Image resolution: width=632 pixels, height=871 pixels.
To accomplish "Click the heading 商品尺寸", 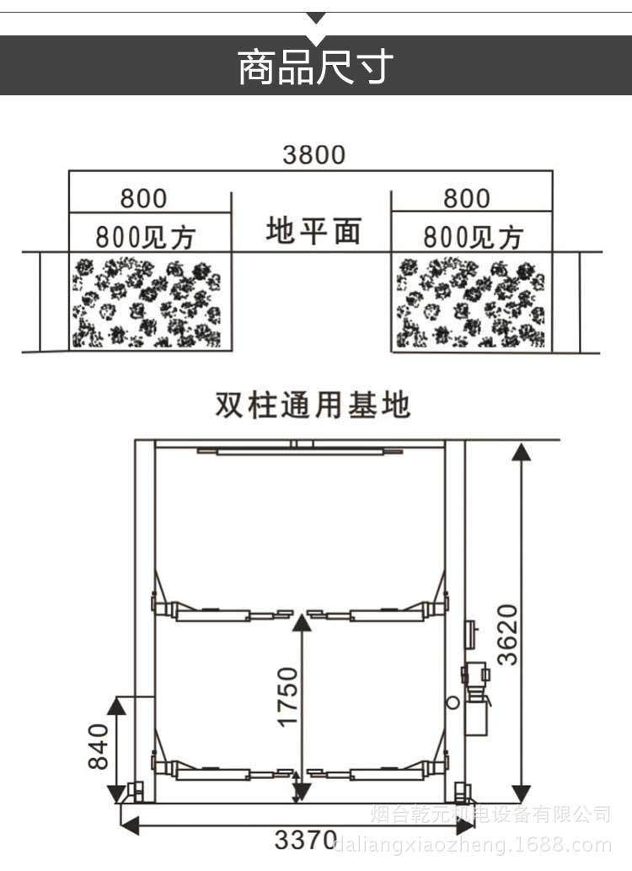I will click(315, 67).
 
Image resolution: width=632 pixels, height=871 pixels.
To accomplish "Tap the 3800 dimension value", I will click(313, 155).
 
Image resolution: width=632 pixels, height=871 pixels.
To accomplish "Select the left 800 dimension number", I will click(143, 199).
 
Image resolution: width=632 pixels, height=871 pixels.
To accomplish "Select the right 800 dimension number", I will click(466, 199).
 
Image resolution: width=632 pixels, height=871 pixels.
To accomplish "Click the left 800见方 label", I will click(145, 235).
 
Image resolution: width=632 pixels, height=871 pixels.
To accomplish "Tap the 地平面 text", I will click(313, 230).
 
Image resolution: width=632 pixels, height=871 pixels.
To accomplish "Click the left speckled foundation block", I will click(148, 303).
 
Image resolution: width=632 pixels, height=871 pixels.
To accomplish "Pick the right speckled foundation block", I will click(471, 303).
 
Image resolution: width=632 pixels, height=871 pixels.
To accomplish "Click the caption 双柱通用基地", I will click(313, 406).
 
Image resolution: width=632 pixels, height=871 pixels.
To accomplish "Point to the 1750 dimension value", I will click(288, 696).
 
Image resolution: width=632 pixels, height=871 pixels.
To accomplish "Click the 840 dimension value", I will click(99, 746).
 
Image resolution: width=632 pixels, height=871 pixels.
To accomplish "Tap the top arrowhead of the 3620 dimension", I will click(522, 454).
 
